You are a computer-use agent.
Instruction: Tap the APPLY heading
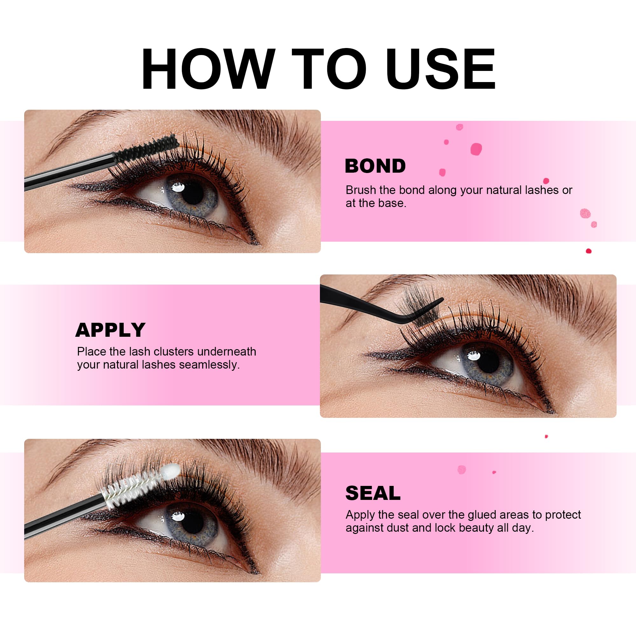point(110,330)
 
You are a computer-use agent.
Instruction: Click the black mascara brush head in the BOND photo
point(147,150)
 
